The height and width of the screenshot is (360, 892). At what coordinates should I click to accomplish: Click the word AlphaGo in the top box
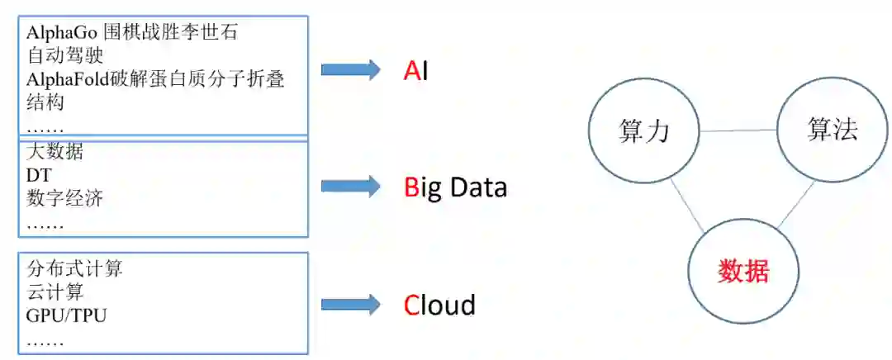pos(62,34)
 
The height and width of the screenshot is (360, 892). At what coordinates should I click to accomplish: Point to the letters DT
pos(39,176)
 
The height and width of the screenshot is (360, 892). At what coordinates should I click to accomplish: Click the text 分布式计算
pos(74,269)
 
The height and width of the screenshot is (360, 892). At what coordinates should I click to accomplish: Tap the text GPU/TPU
pos(66,315)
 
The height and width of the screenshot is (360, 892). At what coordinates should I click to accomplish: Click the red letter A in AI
pos(411,71)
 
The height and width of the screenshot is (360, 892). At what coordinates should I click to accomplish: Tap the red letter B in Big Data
pos(411,188)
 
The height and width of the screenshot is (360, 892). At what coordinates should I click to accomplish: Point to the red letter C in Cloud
pos(412,306)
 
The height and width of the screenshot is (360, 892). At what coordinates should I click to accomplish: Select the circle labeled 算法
pos(832,130)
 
